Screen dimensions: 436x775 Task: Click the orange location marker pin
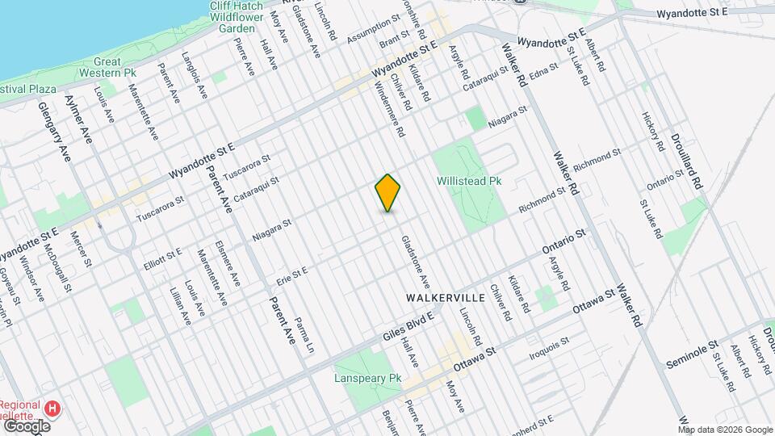387,193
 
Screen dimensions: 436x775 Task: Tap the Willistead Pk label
469,182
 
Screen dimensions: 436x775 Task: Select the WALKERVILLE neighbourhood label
445,298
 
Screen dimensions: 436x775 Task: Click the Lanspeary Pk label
367,378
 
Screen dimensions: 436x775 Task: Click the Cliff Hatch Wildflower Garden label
237,17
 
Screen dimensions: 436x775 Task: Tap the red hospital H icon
53,408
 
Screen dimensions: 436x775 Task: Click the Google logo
27,426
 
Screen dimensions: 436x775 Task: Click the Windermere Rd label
389,111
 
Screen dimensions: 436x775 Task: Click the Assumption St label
373,29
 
